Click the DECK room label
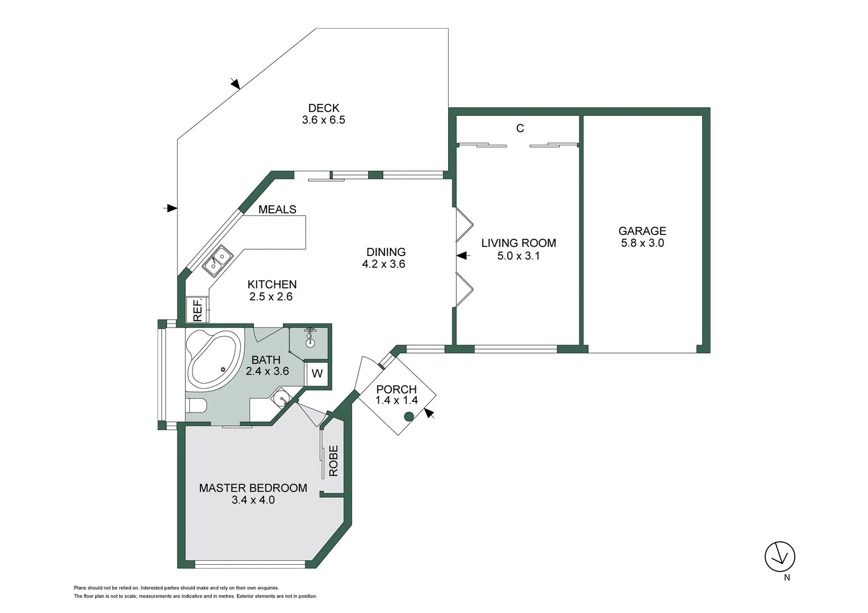324,108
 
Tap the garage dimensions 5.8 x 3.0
642,243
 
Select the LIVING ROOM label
518,243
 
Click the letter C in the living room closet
520,128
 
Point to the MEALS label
277,209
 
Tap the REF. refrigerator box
198,310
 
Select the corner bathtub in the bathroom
213,360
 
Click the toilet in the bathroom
196,405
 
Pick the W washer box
317,373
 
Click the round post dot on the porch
408,417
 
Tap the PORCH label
397,389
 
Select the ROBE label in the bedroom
333,460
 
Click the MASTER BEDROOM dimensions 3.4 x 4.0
253,500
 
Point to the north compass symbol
780,557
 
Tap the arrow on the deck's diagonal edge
235,84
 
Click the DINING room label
386,252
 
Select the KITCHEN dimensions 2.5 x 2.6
271,296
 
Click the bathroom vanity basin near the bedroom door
282,399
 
